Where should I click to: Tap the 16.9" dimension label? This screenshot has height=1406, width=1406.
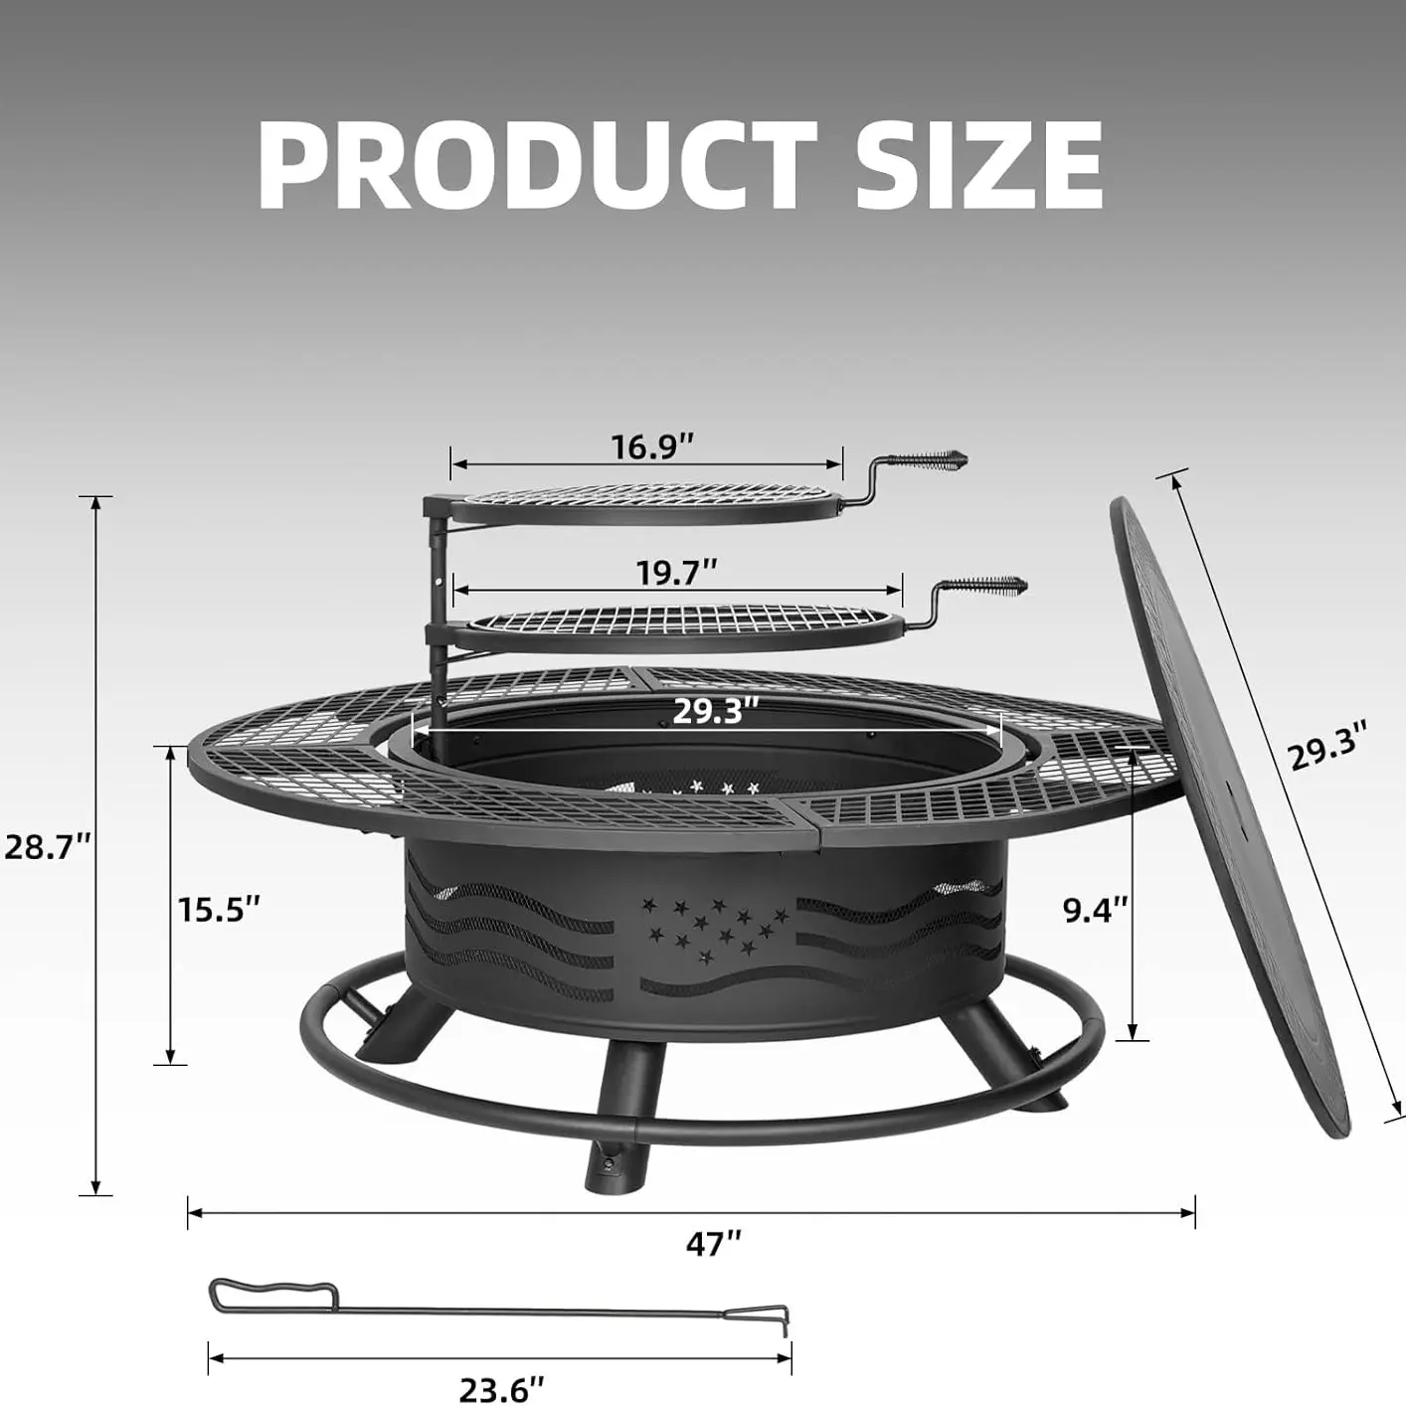tap(652, 445)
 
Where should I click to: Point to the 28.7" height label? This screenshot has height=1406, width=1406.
tap(48, 847)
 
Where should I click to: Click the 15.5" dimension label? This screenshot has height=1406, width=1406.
tap(219, 909)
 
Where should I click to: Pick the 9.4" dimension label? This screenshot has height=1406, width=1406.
tap(1096, 911)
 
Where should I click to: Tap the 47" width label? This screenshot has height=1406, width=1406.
tap(714, 1242)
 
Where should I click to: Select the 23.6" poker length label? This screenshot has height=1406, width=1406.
tap(502, 1369)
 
